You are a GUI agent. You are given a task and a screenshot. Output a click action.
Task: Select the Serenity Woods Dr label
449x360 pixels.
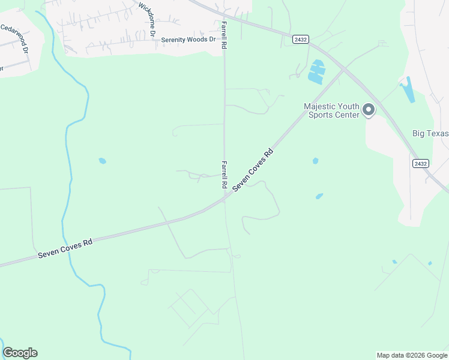(188, 40)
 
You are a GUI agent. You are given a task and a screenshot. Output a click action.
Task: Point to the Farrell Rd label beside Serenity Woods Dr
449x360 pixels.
(224, 34)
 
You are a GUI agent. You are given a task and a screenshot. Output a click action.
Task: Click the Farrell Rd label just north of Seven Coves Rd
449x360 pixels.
(224, 174)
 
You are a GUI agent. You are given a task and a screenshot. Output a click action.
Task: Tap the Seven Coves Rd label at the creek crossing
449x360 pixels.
(65, 247)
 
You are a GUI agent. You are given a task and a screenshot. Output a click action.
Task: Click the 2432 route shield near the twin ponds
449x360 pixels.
(301, 40)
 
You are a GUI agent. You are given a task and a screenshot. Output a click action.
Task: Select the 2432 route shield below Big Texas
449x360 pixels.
(421, 163)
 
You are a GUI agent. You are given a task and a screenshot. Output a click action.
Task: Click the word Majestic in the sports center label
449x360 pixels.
(324, 106)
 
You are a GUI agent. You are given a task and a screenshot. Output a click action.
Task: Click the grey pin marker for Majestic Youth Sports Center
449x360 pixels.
(368, 110)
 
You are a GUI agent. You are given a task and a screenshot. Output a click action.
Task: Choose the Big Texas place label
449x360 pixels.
(430, 133)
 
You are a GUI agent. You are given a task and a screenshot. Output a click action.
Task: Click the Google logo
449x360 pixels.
(20, 353)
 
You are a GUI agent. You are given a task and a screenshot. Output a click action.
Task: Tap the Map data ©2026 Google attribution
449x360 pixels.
(412, 355)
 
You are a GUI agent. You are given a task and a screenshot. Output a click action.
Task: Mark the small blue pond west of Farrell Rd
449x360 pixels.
(102, 161)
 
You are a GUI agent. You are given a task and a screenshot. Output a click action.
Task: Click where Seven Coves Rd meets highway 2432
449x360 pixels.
(343, 70)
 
